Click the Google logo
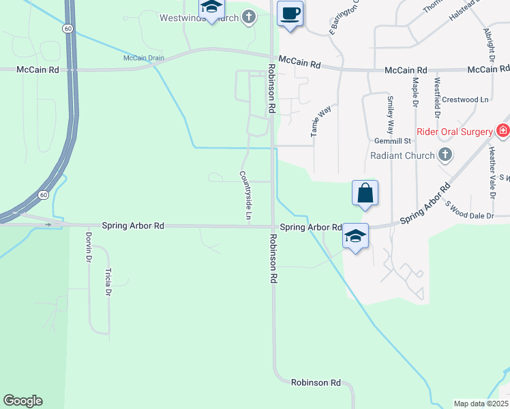click(x=22, y=401)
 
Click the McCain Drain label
click(x=143, y=58)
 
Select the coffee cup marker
click(x=290, y=14)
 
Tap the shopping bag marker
click(x=365, y=193)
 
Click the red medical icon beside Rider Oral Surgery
click(x=503, y=130)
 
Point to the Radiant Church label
click(x=402, y=155)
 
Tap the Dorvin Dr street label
click(x=89, y=247)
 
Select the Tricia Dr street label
click(x=108, y=282)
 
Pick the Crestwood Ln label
click(x=466, y=100)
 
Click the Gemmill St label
click(x=390, y=140)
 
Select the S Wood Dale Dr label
click(x=469, y=209)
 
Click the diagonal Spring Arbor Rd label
click(x=425, y=203)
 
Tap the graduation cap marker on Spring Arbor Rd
click(x=355, y=237)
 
